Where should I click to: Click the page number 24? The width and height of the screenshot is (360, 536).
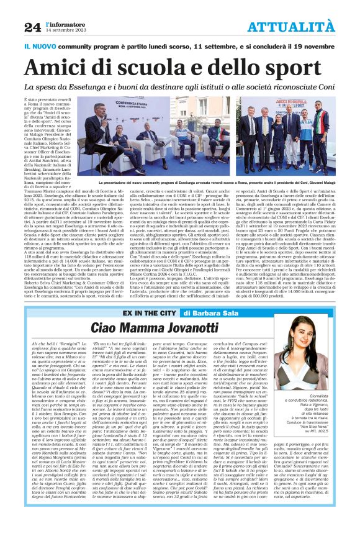[x=33, y=27]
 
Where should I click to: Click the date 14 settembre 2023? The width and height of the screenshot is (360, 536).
[x=65, y=30]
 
